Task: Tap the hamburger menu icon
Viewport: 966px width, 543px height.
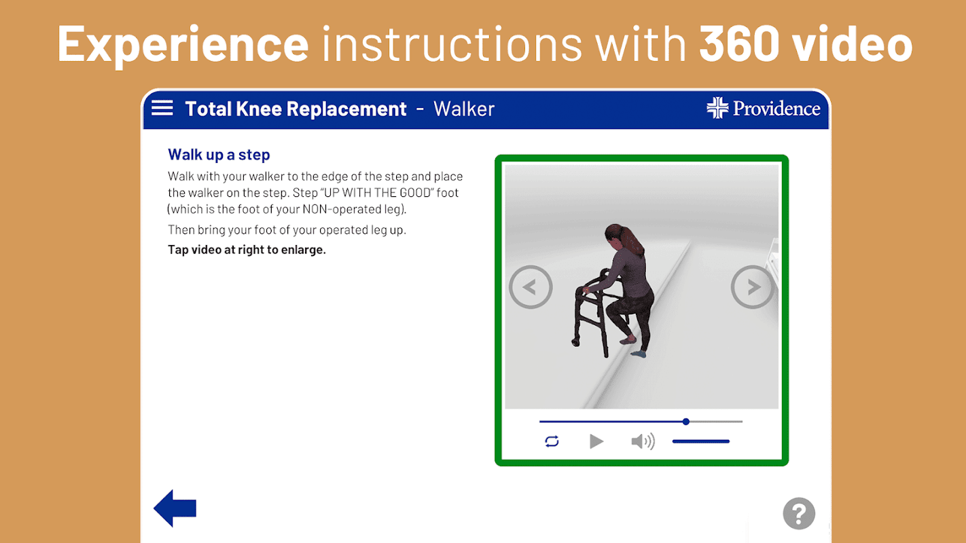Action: pyautogui.click(x=162, y=108)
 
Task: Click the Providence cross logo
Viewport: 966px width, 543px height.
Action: pyautogui.click(x=717, y=108)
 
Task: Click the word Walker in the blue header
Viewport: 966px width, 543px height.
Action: pyautogui.click(x=464, y=109)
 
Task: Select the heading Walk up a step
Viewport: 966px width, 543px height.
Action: pyautogui.click(x=219, y=155)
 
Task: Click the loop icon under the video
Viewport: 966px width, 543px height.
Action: pyautogui.click(x=552, y=441)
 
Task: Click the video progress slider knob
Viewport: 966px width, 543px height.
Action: pyautogui.click(x=685, y=422)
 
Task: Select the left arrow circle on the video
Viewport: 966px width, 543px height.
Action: pyautogui.click(x=531, y=287)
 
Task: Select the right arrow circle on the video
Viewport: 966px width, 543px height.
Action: pyautogui.click(x=753, y=287)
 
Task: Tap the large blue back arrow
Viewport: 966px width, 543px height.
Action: pyautogui.click(x=175, y=508)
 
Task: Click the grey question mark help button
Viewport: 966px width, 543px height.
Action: pyautogui.click(x=799, y=513)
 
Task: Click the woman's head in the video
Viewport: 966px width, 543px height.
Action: pyautogui.click(x=616, y=238)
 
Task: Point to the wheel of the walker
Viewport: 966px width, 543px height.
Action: pyautogui.click(x=575, y=343)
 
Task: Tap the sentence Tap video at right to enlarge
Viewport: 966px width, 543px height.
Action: pyautogui.click(x=247, y=250)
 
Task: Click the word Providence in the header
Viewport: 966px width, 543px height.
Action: pyautogui.click(x=776, y=109)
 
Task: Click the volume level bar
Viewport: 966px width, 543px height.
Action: pyautogui.click(x=701, y=441)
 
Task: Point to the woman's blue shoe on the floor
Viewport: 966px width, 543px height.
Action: pyautogui.click(x=639, y=354)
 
